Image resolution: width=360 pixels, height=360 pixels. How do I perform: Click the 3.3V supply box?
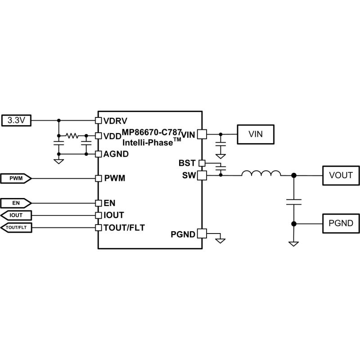[x=16, y=120]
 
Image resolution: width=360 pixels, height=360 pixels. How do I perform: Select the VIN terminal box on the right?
[x=256, y=134]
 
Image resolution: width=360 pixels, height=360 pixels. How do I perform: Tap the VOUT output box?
[x=341, y=175]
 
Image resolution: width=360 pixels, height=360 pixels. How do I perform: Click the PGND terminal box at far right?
[x=341, y=223]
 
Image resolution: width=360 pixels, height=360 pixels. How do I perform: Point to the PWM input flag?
[x=16, y=178]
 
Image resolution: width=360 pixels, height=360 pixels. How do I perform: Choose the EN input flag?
[x=16, y=203]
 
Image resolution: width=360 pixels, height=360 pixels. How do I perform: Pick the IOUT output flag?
[x=16, y=216]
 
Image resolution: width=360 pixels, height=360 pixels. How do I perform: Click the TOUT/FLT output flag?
[x=16, y=228]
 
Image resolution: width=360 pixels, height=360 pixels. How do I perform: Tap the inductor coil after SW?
[x=261, y=173]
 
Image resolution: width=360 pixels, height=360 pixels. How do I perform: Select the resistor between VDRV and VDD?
[x=72, y=136]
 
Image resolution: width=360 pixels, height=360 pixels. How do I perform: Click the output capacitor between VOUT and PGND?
[x=294, y=202]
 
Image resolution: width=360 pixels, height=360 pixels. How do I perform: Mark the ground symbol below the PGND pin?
[x=220, y=241]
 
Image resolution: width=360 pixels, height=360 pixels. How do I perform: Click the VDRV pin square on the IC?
[x=99, y=120]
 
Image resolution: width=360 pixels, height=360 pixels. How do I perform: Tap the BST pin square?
[x=202, y=163]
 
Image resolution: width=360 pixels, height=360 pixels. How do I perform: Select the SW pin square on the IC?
[x=202, y=175]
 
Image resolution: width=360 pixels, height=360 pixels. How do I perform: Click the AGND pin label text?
[x=116, y=154]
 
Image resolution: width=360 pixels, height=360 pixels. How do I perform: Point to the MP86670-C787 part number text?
[x=152, y=132]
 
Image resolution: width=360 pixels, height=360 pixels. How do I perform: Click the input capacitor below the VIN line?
[x=220, y=144]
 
